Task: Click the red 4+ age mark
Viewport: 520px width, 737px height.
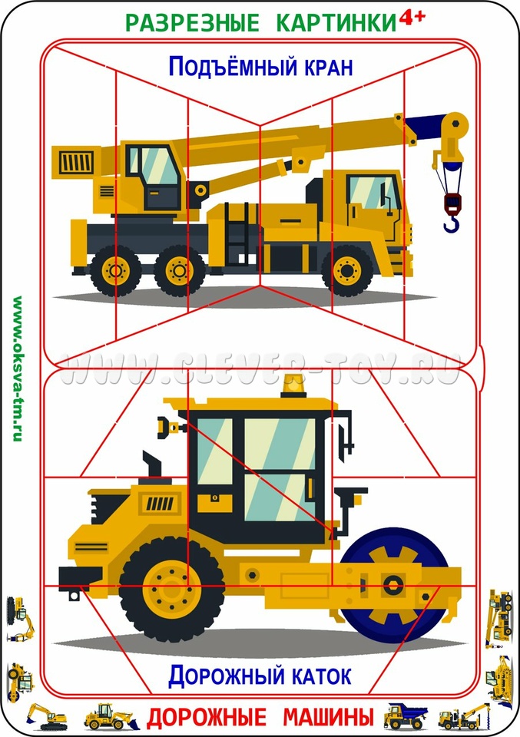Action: click(412, 17)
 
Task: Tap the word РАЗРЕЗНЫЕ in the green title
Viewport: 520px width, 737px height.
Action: click(193, 23)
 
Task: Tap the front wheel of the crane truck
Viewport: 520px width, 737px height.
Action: click(347, 271)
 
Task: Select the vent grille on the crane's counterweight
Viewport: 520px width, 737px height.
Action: click(76, 162)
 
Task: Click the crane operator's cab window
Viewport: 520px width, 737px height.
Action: click(154, 165)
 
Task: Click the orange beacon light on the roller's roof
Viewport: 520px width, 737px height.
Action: click(293, 386)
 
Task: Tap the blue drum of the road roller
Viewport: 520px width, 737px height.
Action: click(393, 585)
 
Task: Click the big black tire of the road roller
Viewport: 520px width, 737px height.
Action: click(171, 590)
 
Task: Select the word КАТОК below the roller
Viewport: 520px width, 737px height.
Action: click(322, 676)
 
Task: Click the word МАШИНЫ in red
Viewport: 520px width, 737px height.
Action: click(328, 717)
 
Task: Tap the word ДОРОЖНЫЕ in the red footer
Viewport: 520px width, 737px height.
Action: click(207, 717)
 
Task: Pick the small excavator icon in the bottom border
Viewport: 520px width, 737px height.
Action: click(47, 717)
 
